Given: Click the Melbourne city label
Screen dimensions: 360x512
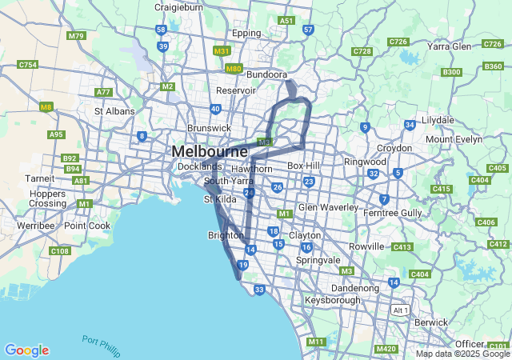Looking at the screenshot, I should pos(210,151).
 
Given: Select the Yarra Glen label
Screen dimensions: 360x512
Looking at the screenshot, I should pos(450,46).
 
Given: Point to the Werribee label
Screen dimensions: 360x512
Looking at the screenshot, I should pos(34,226).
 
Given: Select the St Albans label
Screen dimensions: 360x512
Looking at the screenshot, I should pos(114,111).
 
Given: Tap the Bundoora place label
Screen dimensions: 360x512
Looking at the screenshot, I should pos(266,74).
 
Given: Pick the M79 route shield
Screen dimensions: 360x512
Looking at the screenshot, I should pos(77,36).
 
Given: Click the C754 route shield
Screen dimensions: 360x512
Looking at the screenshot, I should pos(27,64).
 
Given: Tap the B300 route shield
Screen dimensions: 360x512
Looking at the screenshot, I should pos(452,72).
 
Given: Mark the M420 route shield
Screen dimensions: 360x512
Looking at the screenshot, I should pos(386,349).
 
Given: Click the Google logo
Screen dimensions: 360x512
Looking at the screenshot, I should pos(26,350).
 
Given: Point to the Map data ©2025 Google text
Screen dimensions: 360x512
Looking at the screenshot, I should pos(462,354).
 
